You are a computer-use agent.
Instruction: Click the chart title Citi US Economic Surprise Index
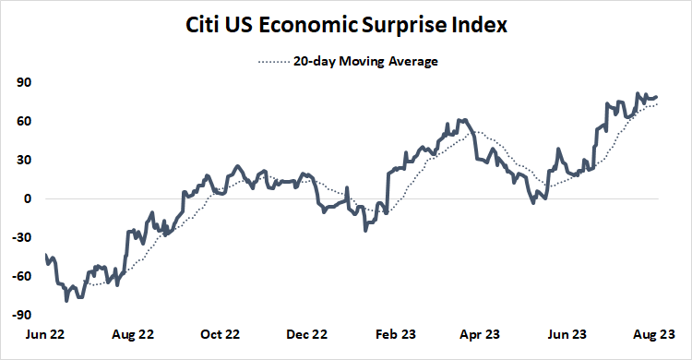pyautogui.click(x=345, y=26)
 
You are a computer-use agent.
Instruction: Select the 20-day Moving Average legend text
pyautogui.click(x=366, y=62)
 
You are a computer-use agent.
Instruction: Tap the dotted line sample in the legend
pyautogui.click(x=273, y=62)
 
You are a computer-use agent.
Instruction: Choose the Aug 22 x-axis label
pyautogui.click(x=134, y=335)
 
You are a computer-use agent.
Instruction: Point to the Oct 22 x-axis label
pyautogui.click(x=221, y=335)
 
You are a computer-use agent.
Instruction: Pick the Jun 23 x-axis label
pyautogui.click(x=569, y=335)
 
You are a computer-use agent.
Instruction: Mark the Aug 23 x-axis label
pyautogui.click(x=657, y=335)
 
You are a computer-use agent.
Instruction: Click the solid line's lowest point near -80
pyautogui.click(x=66, y=300)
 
